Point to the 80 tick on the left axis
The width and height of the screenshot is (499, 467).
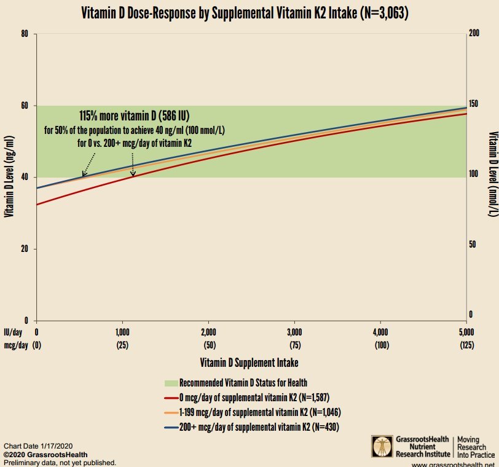(25, 34)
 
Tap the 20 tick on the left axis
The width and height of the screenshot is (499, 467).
(25, 249)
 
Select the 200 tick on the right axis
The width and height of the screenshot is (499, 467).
(473, 34)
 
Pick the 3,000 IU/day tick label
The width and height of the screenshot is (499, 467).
(294, 332)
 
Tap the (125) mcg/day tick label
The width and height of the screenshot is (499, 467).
(466, 345)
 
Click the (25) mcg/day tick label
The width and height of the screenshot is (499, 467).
(122, 345)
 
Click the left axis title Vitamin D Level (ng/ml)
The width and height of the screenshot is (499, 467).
(9, 177)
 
